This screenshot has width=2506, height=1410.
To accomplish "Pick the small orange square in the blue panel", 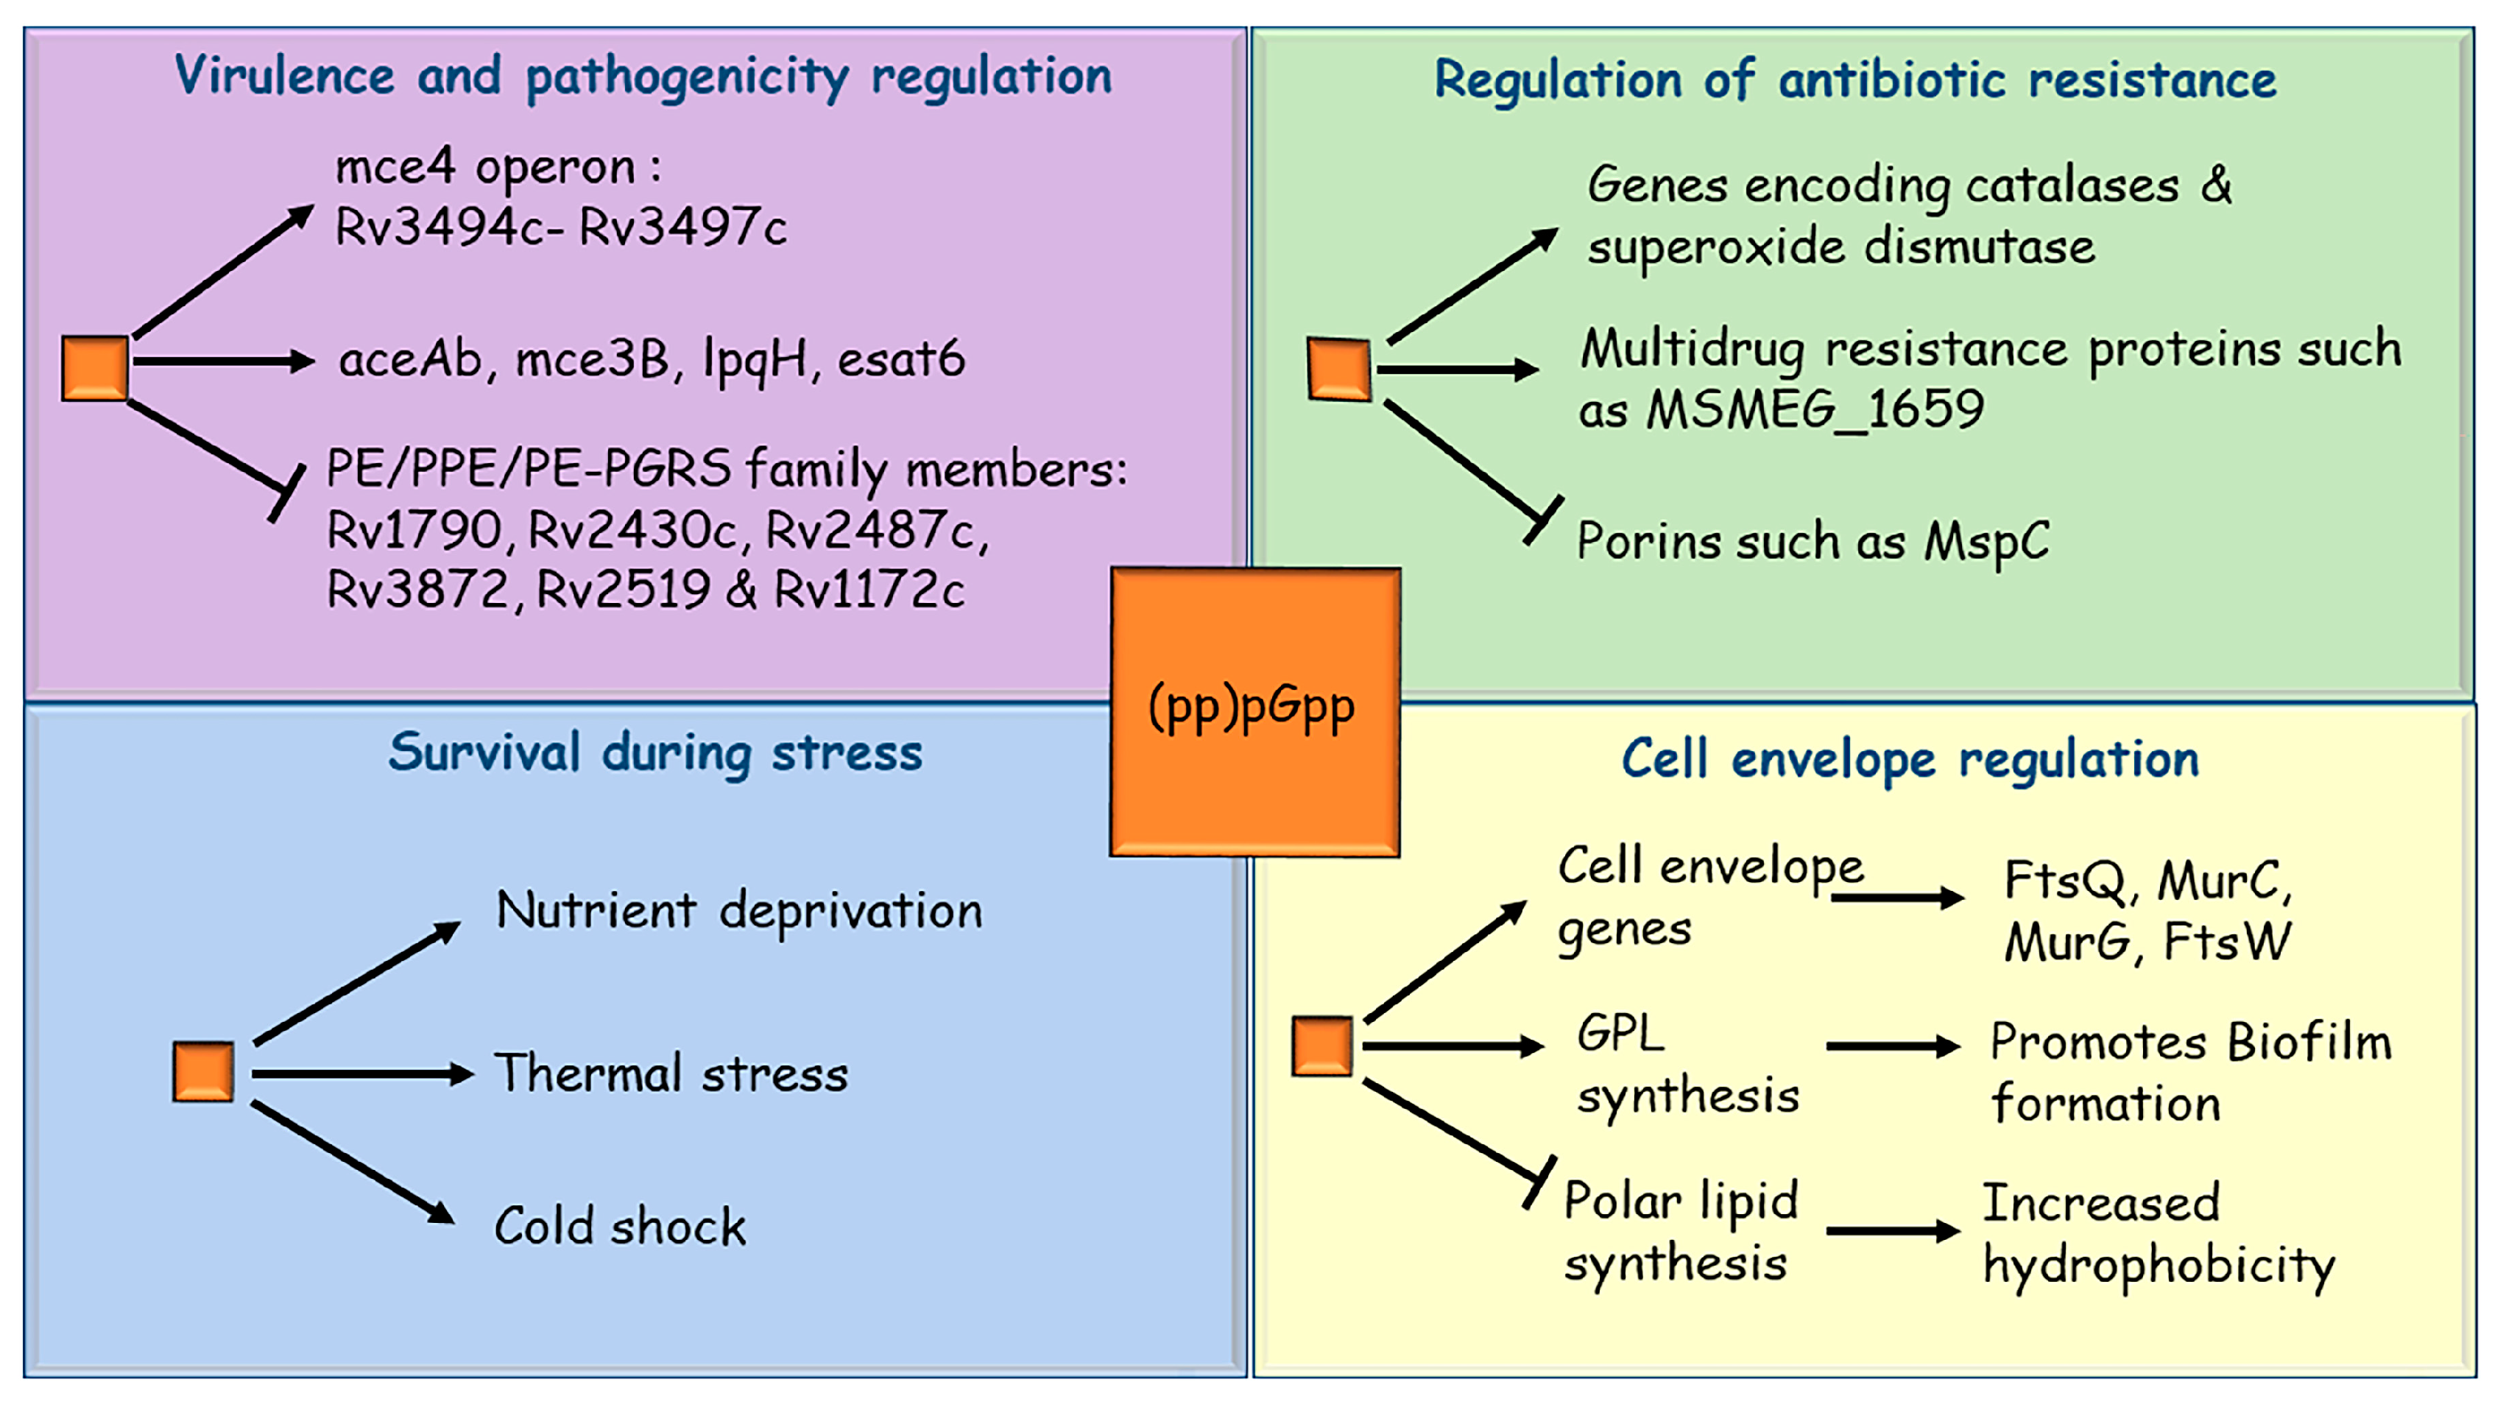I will point(202,1071).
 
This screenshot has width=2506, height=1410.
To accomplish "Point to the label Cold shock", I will point(620,1225).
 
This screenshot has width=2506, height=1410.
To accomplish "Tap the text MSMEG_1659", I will point(1814,409).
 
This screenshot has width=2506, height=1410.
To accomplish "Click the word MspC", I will point(1986,541).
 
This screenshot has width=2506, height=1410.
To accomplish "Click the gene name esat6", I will point(901,359).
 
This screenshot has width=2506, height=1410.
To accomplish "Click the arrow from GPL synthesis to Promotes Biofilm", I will point(1892,1046).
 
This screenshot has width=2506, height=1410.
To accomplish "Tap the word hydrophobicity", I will point(2158,1265).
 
